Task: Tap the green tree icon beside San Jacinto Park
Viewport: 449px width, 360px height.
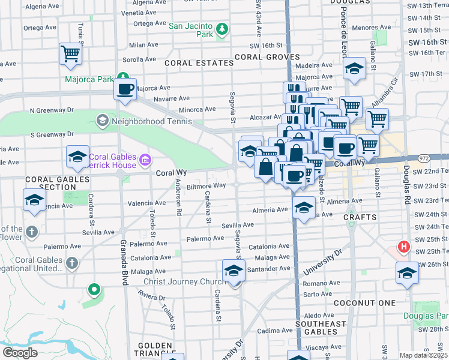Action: tap(222, 29)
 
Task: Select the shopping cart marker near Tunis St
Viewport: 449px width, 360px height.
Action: tap(70, 53)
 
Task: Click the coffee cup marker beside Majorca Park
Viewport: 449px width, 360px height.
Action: tap(125, 89)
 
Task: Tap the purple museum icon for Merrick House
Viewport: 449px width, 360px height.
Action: tap(145, 160)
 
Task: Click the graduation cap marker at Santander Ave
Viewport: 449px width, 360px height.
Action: tap(234, 271)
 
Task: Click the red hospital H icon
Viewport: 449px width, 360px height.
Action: tap(404, 247)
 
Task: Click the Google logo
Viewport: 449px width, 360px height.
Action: tap(20, 353)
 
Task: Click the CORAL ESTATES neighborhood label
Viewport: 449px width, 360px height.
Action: tap(190, 63)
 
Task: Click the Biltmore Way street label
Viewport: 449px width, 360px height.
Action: tap(206, 186)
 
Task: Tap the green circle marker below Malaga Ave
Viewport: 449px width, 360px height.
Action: tap(94, 290)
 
